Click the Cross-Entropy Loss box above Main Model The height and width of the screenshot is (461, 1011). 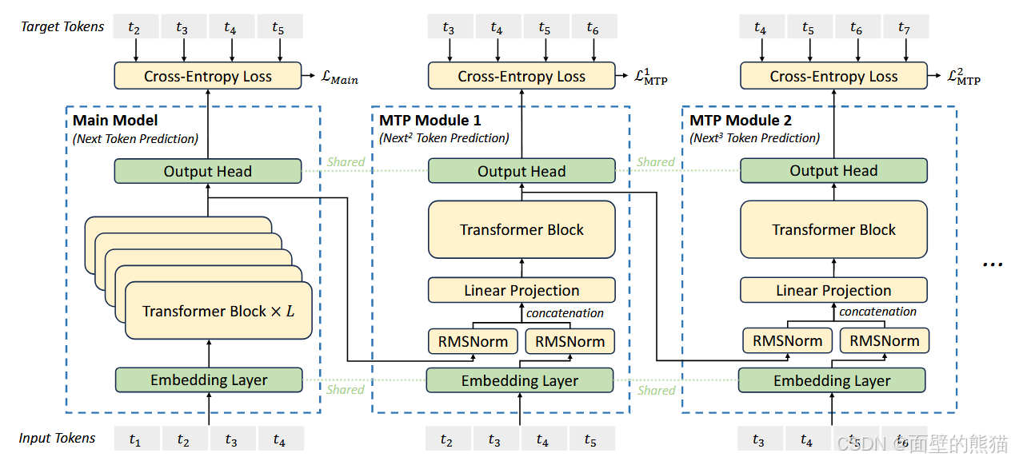208,76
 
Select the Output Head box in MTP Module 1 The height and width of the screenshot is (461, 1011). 521,171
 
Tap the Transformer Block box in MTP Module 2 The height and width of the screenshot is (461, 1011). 833,229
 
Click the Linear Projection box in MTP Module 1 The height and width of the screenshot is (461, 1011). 521,290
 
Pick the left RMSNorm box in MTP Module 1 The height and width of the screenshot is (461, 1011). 473,341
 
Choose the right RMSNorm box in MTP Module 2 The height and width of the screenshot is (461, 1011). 884,340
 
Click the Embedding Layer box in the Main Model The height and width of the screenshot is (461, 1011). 209,380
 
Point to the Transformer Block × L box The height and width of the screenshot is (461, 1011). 218,311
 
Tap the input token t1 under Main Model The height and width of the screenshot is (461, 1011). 136,439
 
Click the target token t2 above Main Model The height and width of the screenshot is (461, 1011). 135,26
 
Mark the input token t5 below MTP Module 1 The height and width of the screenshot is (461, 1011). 592,439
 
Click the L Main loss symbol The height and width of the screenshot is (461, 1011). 339,77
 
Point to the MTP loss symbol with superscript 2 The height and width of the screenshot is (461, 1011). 964,77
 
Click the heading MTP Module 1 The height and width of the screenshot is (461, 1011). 430,121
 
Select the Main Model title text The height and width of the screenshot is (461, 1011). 115,121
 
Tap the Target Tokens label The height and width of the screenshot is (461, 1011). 62,26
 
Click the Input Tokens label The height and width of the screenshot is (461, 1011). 57,438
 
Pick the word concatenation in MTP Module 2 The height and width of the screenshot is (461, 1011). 877,312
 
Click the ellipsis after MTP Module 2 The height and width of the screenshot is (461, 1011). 993,264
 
